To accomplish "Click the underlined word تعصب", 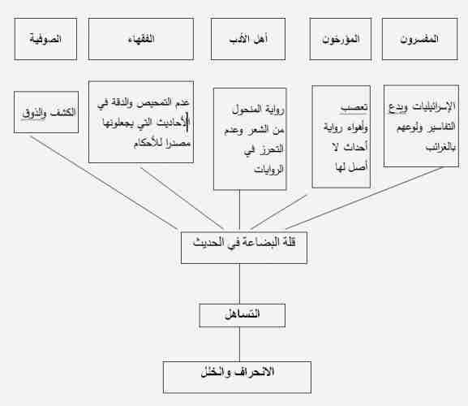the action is pyautogui.click(x=354, y=108).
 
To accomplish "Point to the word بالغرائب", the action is pyautogui.click(x=440, y=147).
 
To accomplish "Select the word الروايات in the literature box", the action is pyautogui.click(x=268, y=170).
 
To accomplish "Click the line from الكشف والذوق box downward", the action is pyautogui.click(x=104, y=183).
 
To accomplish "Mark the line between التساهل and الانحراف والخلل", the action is pyautogui.click(x=239, y=344).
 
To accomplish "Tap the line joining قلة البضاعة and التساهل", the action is pyautogui.click(x=239, y=284).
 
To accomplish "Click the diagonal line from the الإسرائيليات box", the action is pyautogui.click(x=364, y=198).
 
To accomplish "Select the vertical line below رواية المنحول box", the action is pyautogui.click(x=239, y=210).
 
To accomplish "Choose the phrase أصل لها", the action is pyautogui.click(x=351, y=166).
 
